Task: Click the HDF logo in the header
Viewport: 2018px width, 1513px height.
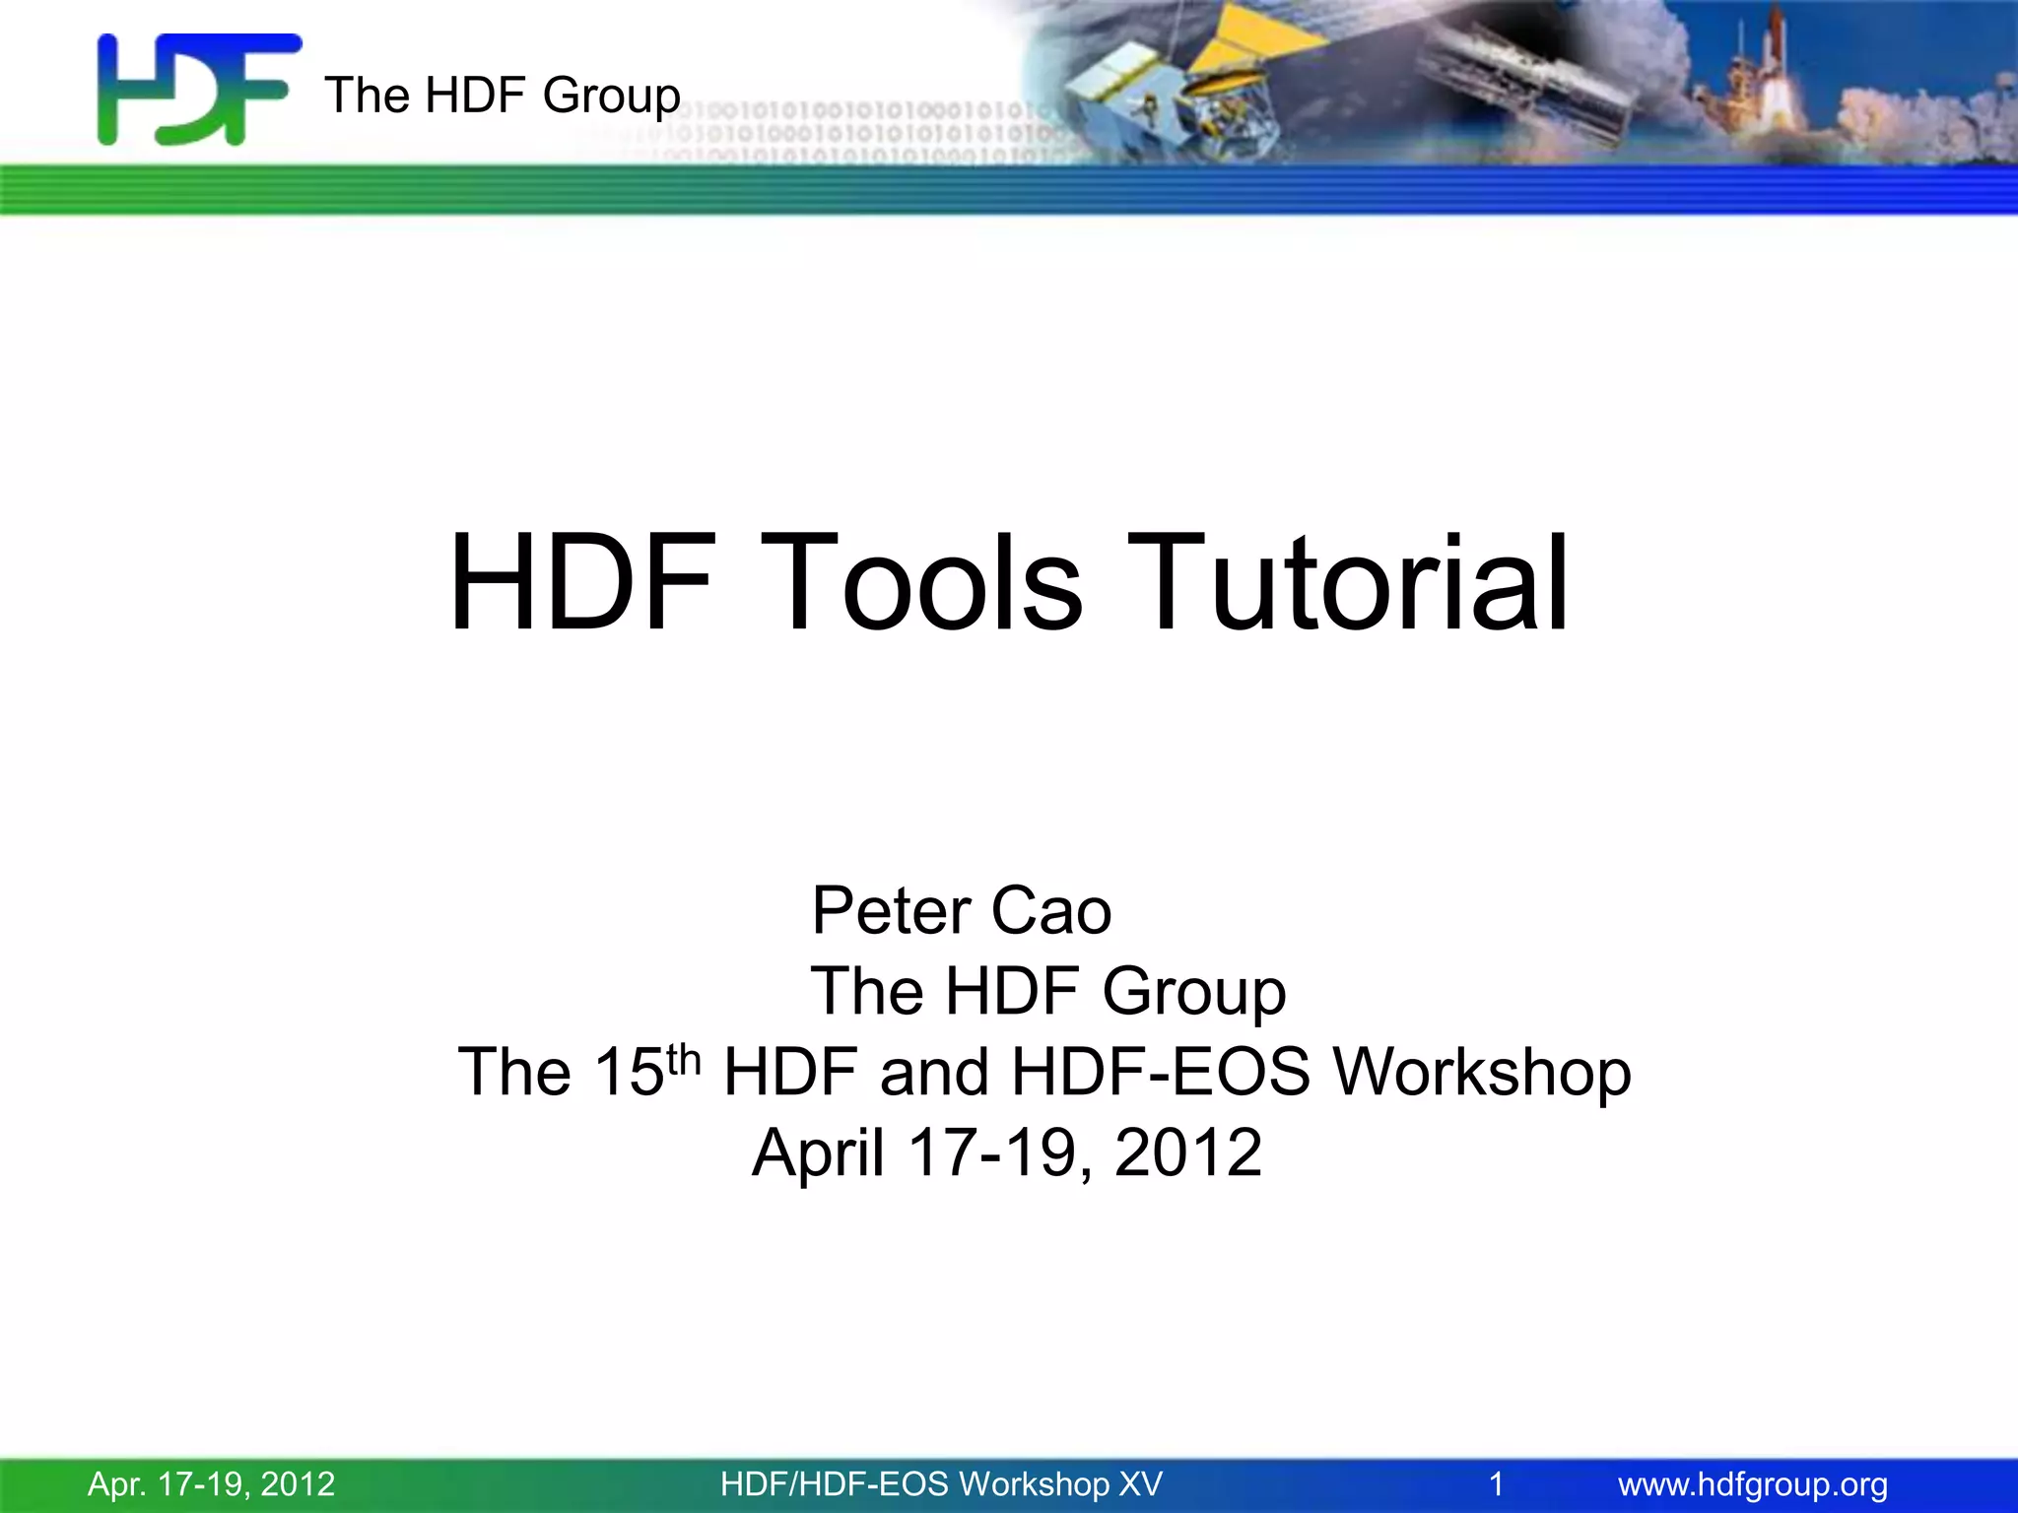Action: point(197,89)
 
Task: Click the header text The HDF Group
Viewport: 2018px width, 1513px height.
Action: point(502,96)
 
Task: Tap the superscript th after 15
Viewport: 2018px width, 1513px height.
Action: point(683,1060)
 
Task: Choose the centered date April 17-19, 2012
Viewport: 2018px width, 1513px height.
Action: point(1006,1152)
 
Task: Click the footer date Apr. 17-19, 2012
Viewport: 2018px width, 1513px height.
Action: point(211,1483)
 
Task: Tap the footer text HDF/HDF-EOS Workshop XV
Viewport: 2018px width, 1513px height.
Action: point(941,1483)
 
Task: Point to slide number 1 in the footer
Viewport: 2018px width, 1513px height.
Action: point(1496,1483)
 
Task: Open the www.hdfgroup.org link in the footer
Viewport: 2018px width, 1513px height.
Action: point(1753,1483)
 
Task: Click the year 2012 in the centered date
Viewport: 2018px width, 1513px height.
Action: point(1187,1152)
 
